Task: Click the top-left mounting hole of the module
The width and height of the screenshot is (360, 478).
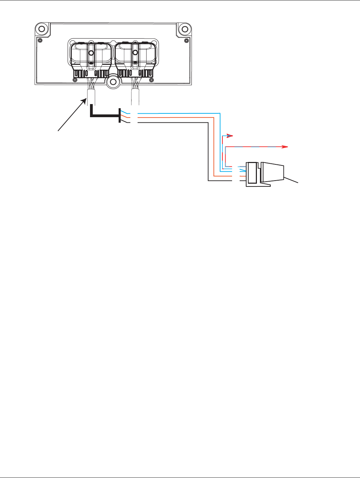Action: [x=42, y=28]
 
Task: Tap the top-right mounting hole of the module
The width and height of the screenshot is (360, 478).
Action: [x=185, y=28]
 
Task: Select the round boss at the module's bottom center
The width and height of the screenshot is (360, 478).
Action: [x=113, y=82]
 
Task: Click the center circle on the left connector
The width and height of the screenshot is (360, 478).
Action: [x=91, y=53]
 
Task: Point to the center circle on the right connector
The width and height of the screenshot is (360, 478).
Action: [x=135, y=53]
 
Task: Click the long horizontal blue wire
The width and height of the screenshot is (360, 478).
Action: [x=179, y=113]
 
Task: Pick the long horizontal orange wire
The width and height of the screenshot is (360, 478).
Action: [x=176, y=117]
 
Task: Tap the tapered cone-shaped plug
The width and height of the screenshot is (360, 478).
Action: [x=272, y=172]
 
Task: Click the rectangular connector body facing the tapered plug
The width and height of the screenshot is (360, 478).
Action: [x=252, y=172]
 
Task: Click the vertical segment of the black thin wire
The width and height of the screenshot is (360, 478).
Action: [x=208, y=152]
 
